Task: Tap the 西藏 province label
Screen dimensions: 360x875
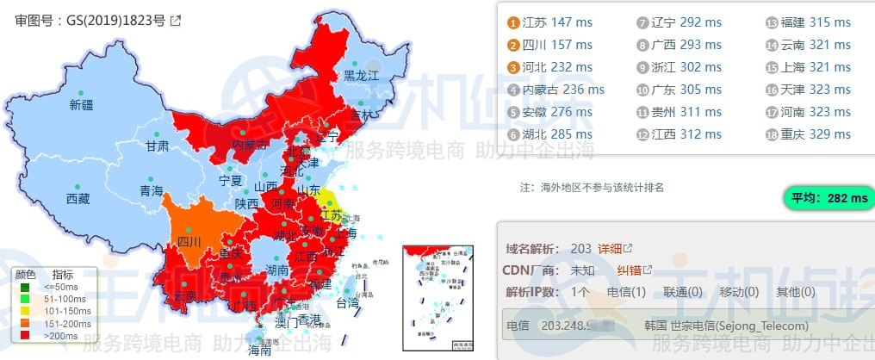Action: tap(78, 198)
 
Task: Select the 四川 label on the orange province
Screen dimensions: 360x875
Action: tap(189, 242)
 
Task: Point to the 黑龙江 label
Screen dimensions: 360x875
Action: tap(362, 76)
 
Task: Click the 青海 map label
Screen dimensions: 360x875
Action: tap(152, 191)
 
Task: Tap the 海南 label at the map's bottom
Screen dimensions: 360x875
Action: tap(259, 351)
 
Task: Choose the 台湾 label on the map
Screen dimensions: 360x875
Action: tap(347, 303)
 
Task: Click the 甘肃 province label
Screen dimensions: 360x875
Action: tap(158, 146)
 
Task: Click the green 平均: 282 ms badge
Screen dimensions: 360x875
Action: tap(826, 198)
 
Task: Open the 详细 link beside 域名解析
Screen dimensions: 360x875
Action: tap(610, 248)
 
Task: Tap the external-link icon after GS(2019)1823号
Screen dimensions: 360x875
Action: tap(176, 21)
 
